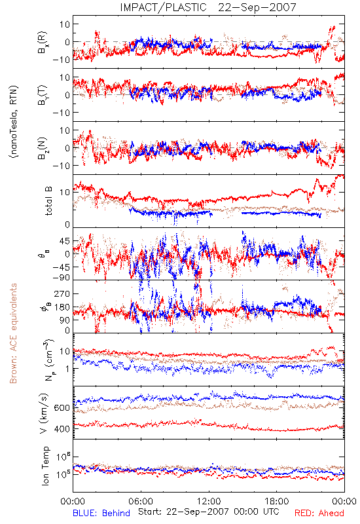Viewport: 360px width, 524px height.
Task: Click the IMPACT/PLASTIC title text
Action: (163, 7)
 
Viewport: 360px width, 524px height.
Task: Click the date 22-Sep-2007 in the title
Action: (257, 7)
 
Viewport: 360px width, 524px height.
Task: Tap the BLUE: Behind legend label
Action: (101, 513)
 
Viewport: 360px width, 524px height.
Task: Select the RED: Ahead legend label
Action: (319, 513)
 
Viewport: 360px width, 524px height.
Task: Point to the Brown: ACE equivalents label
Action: (13, 333)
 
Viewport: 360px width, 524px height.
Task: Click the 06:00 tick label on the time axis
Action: (141, 501)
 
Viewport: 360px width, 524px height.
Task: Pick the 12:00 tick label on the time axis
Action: (209, 501)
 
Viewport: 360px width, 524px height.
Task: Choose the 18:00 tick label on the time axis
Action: (277, 501)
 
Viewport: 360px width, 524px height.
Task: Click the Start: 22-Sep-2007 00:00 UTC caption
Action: (209, 512)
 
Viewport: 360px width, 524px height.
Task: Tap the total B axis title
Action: (48, 201)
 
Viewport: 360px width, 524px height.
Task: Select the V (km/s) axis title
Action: (44, 413)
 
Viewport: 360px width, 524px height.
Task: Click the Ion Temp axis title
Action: (45, 466)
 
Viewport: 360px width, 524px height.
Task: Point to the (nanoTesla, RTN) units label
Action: (14, 122)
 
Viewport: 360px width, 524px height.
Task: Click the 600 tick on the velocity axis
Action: (62, 408)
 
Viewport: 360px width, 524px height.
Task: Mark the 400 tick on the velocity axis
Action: (62, 429)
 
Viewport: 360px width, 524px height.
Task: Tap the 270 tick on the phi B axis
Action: (62, 293)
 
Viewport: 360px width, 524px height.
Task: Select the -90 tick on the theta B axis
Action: (61, 277)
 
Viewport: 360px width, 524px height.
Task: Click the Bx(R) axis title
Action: (43, 43)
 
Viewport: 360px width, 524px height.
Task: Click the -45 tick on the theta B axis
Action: (61, 267)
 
